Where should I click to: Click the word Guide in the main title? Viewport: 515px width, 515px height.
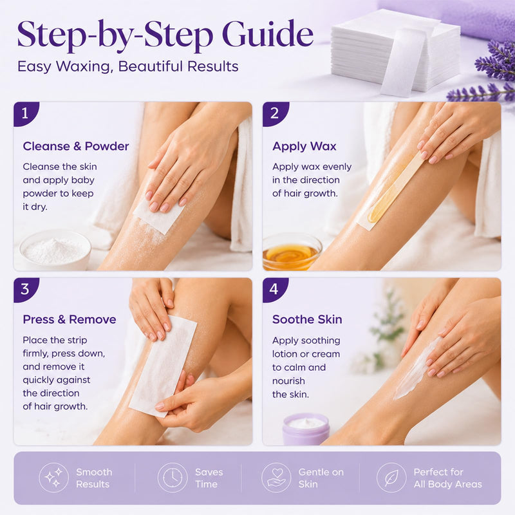[268, 34]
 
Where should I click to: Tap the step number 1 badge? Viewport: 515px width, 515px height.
[26, 114]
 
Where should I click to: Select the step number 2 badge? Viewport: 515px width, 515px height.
[276, 114]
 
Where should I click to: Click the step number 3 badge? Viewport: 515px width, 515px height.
[26, 290]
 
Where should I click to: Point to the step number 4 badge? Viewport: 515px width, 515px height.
[276, 290]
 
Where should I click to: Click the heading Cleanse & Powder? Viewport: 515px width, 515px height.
[76, 146]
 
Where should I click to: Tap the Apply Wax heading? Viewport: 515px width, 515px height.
[304, 147]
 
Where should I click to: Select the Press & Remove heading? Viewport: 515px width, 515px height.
[70, 319]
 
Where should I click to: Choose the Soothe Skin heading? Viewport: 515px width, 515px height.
[307, 319]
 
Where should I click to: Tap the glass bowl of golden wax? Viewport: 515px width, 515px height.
[292, 252]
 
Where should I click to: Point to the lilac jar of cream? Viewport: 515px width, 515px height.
[306, 429]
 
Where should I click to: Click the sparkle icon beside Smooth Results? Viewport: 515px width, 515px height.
[53, 478]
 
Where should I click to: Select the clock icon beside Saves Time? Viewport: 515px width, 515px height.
[173, 478]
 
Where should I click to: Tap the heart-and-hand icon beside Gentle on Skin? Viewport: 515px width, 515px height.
[276, 478]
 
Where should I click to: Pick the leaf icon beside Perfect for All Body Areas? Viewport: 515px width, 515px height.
[391, 478]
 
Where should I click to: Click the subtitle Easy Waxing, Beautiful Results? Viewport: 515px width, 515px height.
[127, 67]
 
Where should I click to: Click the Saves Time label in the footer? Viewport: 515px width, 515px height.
[209, 478]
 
